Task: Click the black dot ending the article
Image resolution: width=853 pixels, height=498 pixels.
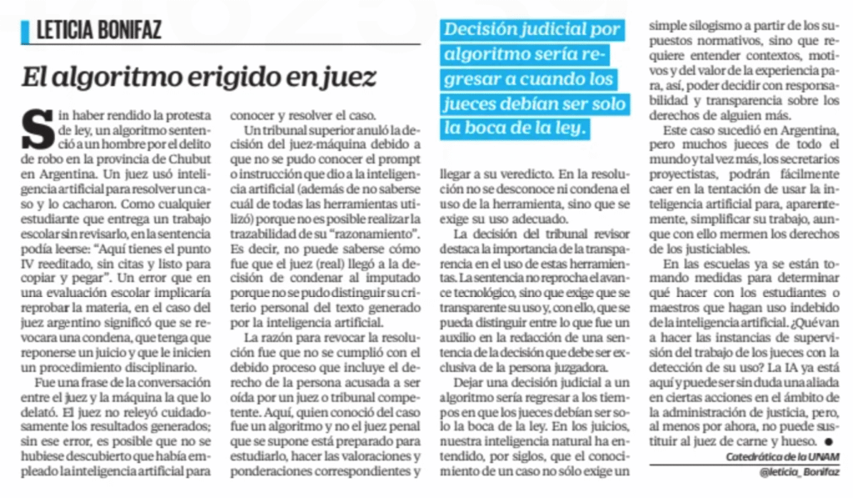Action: pyautogui.click(x=827, y=440)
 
